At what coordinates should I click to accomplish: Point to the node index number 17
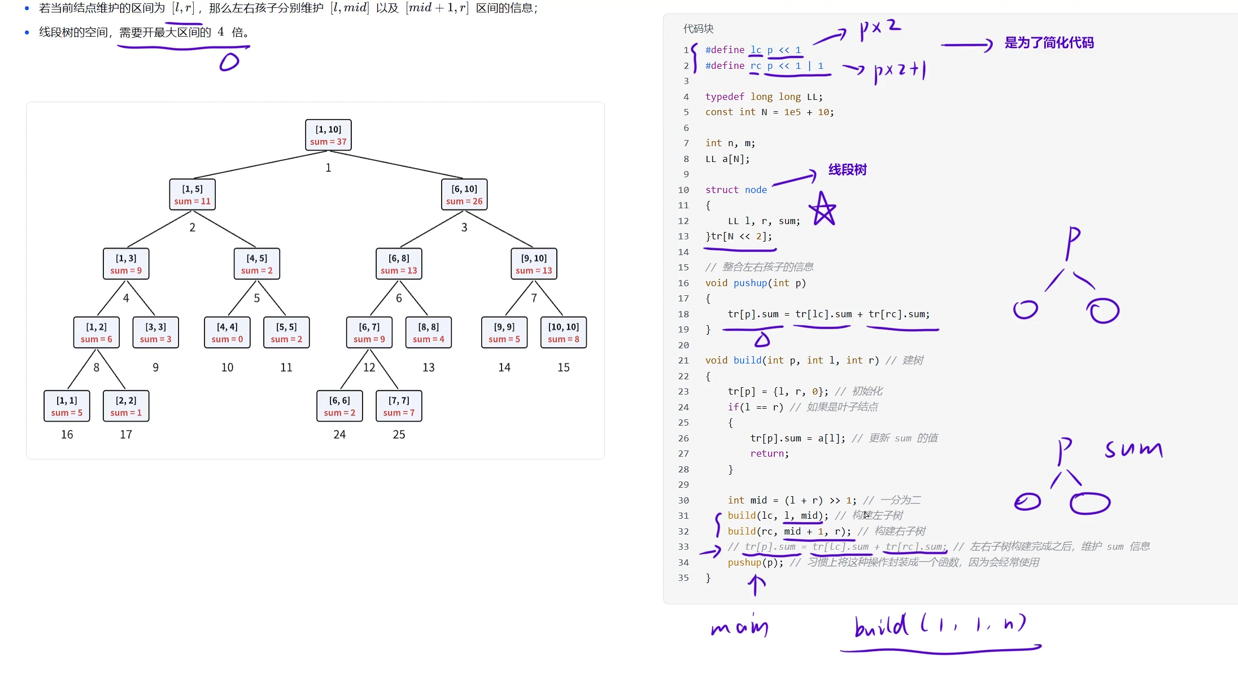[x=126, y=435]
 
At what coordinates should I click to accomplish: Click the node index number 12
[x=369, y=367]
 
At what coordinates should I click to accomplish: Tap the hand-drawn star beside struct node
[x=823, y=209]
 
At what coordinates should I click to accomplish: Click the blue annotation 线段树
[x=847, y=170]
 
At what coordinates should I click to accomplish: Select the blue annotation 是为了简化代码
[x=1049, y=43]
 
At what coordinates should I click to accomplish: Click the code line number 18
[x=683, y=314]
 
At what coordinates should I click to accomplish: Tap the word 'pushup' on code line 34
[x=744, y=562]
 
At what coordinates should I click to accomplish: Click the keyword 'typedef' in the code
[x=725, y=97]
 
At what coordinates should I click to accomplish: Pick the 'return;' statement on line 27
[x=769, y=453]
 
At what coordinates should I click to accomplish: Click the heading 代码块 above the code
[x=698, y=29]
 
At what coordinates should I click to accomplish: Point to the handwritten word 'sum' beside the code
[x=1134, y=449]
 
